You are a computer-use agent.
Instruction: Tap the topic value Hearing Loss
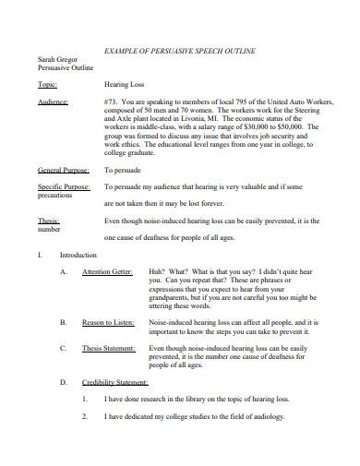[x=124, y=83]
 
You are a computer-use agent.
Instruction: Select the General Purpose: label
[x=63, y=171]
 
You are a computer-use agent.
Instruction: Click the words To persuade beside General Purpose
[x=122, y=171]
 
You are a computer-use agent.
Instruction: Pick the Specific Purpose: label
[x=64, y=186]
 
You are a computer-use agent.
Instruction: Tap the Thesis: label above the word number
[x=48, y=221]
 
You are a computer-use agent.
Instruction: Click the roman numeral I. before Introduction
[x=41, y=254]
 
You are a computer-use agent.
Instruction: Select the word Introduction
[x=77, y=254]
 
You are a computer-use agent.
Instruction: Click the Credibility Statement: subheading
[x=114, y=382]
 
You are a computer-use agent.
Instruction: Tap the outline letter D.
[x=63, y=382]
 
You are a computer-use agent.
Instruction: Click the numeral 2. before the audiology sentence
[x=84, y=416]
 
